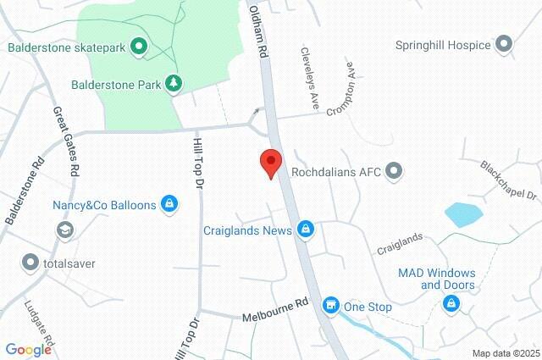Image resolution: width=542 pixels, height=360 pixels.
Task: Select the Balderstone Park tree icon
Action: [173, 83]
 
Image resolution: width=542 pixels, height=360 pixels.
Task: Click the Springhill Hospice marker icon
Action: [505, 43]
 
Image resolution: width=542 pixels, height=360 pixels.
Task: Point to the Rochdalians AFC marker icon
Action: [393, 172]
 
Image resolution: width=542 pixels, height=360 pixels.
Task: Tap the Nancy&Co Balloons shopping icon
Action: [169, 204]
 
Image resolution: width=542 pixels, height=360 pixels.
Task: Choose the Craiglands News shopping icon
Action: [307, 230]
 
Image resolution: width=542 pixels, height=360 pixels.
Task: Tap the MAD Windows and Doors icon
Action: [450, 305]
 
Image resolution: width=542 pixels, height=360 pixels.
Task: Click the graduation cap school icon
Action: [64, 230]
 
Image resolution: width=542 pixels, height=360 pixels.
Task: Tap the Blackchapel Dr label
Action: [509, 180]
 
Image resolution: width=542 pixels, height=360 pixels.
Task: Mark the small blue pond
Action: [463, 214]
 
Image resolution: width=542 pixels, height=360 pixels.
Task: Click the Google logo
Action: [28, 349]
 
